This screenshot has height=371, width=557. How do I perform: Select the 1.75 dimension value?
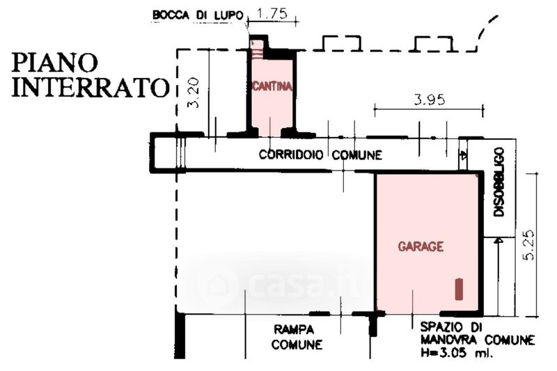[x=272, y=13]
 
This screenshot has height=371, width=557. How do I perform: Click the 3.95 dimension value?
[x=428, y=99]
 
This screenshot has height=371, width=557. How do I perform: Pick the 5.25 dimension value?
[x=531, y=245]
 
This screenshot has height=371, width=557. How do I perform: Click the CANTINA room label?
[x=272, y=87]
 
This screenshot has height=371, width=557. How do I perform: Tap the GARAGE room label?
[x=421, y=246]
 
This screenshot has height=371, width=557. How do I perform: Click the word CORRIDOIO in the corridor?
[x=291, y=155]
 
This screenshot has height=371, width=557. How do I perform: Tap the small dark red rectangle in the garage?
[x=459, y=288]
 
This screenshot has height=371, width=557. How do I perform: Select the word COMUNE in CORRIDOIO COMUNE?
[x=356, y=155]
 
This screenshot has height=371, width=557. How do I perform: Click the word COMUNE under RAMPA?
[x=297, y=344]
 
